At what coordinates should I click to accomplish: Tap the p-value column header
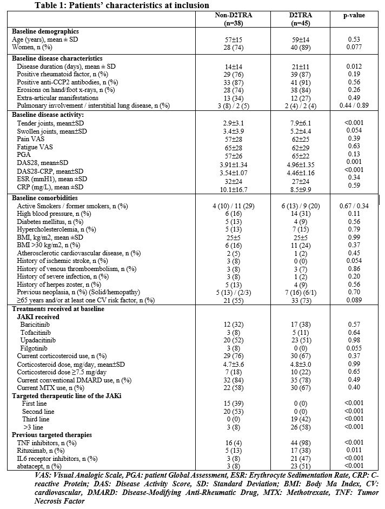point(354,16)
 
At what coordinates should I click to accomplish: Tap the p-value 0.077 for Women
point(354,48)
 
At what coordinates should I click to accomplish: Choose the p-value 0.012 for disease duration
point(354,66)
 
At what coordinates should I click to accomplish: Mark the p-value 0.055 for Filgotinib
point(354,348)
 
